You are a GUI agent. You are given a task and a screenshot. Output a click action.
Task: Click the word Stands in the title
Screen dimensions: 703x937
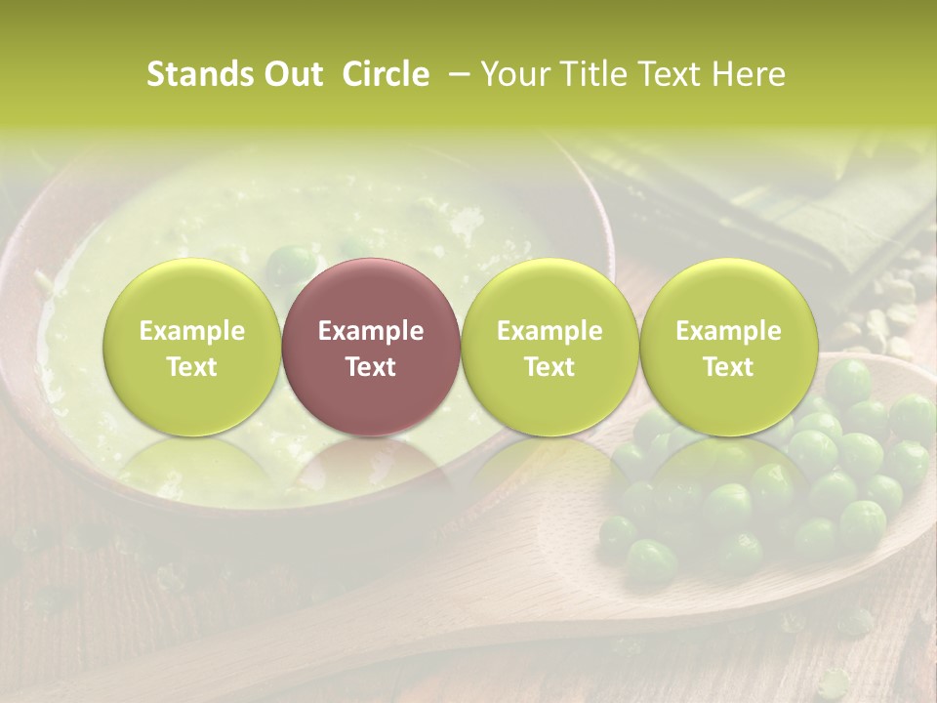click(195, 74)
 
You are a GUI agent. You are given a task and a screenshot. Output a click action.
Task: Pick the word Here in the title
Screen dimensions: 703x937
click(751, 74)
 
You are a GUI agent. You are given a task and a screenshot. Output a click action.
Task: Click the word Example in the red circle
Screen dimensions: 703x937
click(371, 331)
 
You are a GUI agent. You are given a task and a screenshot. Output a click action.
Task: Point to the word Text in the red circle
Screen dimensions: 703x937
click(371, 367)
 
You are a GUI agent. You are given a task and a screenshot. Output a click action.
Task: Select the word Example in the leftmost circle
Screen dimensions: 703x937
click(192, 331)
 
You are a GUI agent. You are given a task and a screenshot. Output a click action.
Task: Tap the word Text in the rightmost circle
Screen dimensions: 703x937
click(728, 367)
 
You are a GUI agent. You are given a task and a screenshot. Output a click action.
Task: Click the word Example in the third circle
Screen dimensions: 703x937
click(550, 331)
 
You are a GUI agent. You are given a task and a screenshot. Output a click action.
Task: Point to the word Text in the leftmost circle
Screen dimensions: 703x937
click(192, 367)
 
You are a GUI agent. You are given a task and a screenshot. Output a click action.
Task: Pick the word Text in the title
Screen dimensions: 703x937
click(672, 74)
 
